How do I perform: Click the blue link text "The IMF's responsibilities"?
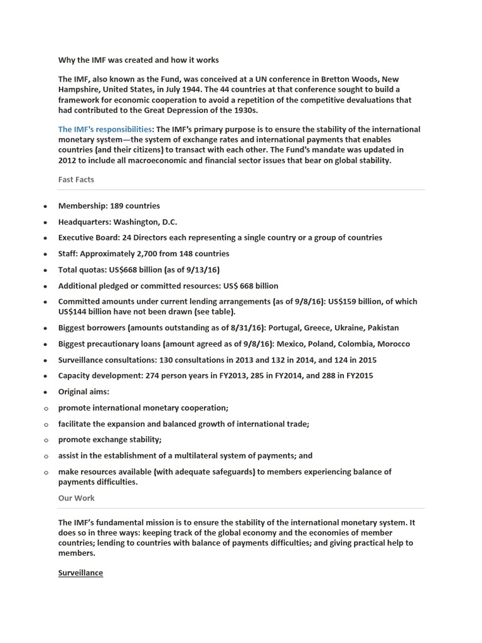pyautogui.click(x=105, y=129)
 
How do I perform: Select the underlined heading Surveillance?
pyautogui.click(x=80, y=573)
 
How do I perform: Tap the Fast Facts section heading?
pyautogui.click(x=76, y=180)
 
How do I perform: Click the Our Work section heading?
pyautogui.click(x=76, y=498)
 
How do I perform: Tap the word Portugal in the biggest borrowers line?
pyautogui.click(x=285, y=328)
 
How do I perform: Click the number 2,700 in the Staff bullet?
pyautogui.click(x=156, y=254)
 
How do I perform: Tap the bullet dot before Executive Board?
pyautogui.click(x=45, y=238)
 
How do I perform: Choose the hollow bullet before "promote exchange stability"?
pyautogui.click(x=45, y=440)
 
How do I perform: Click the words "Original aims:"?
pyautogui.click(x=83, y=392)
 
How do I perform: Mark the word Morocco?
pyautogui.click(x=393, y=344)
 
